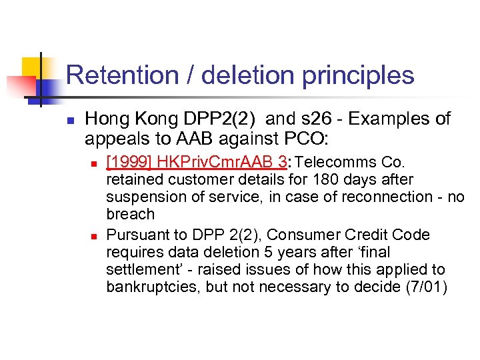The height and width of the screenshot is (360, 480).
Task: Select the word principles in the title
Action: (357, 75)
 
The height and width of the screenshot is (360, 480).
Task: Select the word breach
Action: (130, 215)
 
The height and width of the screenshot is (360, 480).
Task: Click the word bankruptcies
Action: (146, 287)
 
